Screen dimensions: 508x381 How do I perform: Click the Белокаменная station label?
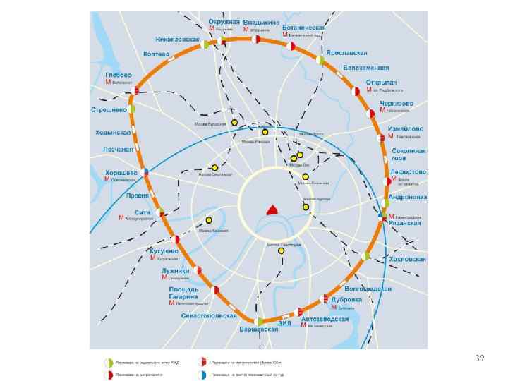click(366, 68)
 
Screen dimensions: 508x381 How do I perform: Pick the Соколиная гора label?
click(409, 154)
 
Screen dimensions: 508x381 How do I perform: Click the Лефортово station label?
click(409, 172)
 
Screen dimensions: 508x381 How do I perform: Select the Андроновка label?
click(408, 197)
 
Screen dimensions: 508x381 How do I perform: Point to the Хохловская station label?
click(408, 260)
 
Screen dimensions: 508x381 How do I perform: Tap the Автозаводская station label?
click(325, 319)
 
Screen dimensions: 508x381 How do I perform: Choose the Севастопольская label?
click(208, 315)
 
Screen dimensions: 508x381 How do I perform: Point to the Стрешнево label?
click(109, 110)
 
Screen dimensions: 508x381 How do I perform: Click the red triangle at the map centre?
click(271, 209)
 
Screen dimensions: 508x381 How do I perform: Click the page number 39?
click(480, 358)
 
